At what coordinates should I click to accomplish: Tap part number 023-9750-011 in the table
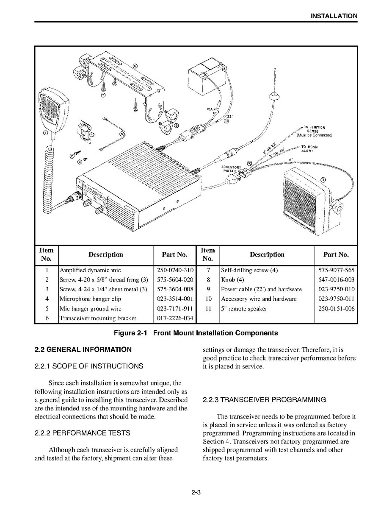(337, 299)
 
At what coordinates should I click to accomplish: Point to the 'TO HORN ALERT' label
(309, 149)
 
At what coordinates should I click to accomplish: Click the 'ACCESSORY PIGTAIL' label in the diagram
(231, 169)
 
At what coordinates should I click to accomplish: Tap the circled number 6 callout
(135, 66)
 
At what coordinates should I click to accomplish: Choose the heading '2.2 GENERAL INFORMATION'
(83, 350)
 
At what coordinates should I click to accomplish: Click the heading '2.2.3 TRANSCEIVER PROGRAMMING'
(264, 400)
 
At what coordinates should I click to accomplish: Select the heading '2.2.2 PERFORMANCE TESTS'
(82, 433)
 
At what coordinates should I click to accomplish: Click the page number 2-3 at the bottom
(196, 493)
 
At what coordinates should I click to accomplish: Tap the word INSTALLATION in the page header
(334, 16)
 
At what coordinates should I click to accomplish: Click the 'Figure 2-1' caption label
(130, 333)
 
